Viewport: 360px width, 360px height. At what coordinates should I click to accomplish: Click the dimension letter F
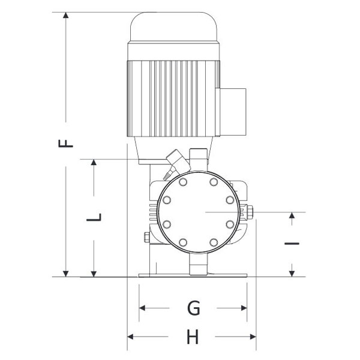coord(65,143)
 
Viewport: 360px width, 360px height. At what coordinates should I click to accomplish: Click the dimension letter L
coord(94,217)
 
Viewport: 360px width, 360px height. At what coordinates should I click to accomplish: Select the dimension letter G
coord(194,308)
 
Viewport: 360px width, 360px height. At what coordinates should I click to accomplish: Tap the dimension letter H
coord(193,337)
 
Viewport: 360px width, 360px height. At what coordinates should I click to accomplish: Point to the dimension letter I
coord(292,244)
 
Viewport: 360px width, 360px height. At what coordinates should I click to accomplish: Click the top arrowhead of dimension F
coord(66,15)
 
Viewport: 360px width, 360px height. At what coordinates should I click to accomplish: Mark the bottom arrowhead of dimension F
coord(66,274)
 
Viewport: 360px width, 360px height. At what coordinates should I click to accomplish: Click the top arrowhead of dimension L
coord(94,162)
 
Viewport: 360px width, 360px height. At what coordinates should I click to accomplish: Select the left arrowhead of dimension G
coord(142,308)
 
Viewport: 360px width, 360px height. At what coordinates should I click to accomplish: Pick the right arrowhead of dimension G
coord(244,308)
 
